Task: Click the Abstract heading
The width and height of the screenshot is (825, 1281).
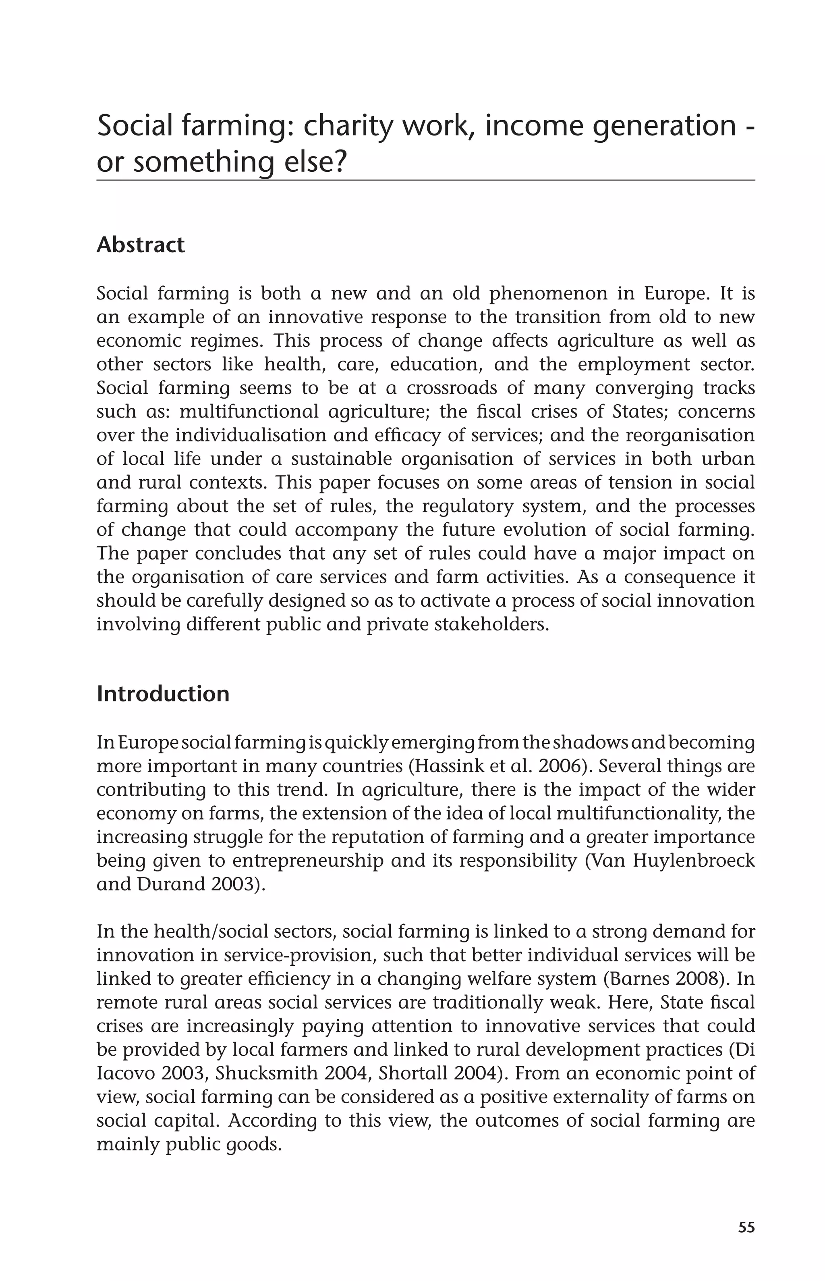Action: pyautogui.click(x=140, y=245)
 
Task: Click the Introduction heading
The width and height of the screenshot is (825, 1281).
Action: pyautogui.click(x=163, y=694)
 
